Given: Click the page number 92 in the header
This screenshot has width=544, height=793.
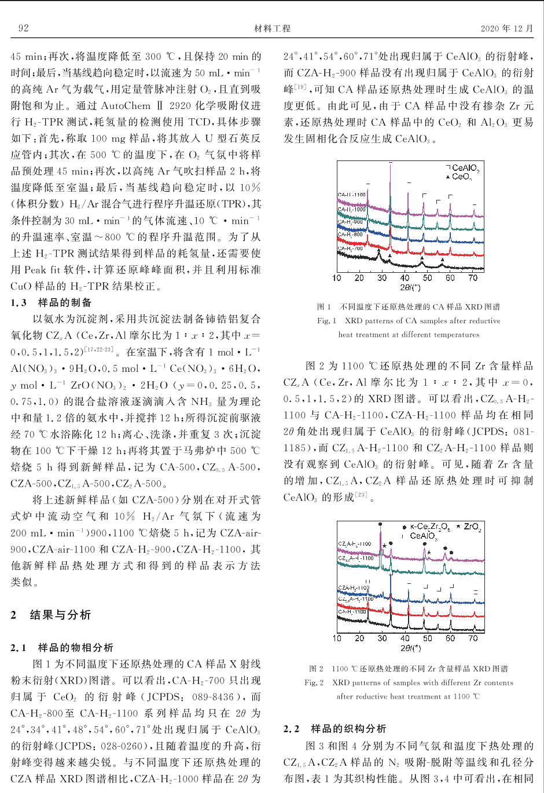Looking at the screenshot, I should coord(24,28).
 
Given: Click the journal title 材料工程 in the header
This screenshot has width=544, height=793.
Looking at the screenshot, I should coord(272,28).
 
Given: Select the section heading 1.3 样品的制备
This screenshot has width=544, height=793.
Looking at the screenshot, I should coord(51,302).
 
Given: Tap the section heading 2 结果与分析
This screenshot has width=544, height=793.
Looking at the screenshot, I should coord(51,615).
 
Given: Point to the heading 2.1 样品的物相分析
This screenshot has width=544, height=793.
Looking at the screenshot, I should coord(62,648).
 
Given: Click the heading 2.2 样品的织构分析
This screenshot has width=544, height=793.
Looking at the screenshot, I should coord(335,729).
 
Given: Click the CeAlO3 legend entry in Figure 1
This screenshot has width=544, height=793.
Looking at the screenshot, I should coord(465,168).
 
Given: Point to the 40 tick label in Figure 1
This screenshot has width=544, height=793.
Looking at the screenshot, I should coord(405,278).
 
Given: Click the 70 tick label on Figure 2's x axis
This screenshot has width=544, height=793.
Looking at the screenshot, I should coord(473,638).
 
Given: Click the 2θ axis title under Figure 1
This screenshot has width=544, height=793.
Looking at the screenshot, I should coord(410,287).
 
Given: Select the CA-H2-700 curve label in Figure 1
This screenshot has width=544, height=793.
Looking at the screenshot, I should coord(351,248).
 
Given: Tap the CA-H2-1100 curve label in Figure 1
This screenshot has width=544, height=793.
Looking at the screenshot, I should coord(351,195).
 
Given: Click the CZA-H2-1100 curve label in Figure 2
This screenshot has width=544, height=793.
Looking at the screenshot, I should coord(354,587).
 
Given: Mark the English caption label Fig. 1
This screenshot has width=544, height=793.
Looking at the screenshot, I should coord(326,321).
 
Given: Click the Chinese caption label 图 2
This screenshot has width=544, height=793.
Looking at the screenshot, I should coord(316,668).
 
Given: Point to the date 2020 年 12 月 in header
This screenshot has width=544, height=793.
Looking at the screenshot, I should coord(506,28).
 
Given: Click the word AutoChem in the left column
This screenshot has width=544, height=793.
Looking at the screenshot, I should coord(126,105).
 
